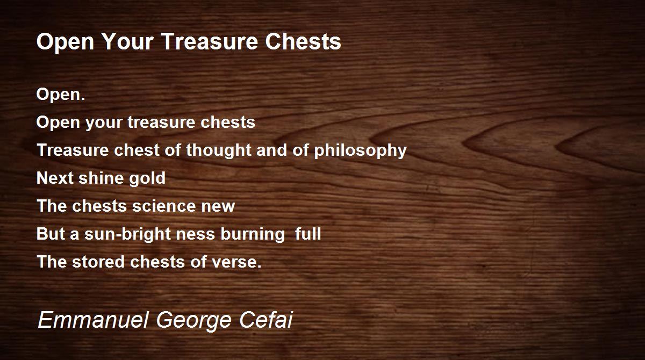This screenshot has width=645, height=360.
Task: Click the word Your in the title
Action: (127, 41)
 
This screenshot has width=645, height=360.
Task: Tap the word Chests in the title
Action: (303, 41)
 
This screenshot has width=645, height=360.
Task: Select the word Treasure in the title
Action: (210, 41)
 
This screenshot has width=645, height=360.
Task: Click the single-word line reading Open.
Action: (61, 95)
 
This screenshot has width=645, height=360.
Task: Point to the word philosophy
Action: (360, 150)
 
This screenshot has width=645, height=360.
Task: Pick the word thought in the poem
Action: (218, 150)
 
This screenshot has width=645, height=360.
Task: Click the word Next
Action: (55, 178)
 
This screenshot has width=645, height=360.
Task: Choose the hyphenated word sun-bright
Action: (127, 234)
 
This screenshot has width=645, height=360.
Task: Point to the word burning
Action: (253, 234)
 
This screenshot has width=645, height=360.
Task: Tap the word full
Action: (308, 234)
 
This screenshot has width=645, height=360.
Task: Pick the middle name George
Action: (194, 321)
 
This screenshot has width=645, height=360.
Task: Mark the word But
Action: (51, 234)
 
